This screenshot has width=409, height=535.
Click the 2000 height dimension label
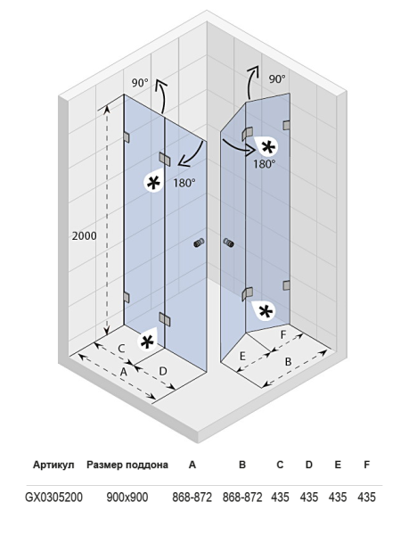tap(84, 235)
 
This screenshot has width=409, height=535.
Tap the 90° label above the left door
tap(140, 83)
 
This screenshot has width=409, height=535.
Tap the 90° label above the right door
tap(277, 79)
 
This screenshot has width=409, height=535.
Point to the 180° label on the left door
tap(184, 183)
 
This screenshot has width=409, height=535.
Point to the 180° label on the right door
tap(264, 164)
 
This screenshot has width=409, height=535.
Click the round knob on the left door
tap(199, 243)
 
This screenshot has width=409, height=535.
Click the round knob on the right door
tap(229, 243)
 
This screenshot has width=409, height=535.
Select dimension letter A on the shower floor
tap(124, 372)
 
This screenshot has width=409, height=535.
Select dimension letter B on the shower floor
tap(288, 362)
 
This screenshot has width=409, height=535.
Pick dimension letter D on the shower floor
tap(163, 371)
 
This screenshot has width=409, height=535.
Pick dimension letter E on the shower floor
tap(242, 357)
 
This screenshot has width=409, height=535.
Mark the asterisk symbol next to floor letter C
tap(147, 342)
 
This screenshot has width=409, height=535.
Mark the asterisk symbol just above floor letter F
tap(266, 311)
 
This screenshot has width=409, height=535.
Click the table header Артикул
tap(53, 465)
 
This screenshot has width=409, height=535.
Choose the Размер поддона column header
tap(127, 465)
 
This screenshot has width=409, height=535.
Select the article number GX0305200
tap(53, 498)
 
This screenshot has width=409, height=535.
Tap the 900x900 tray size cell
tap(127, 498)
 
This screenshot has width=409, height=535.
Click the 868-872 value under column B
tap(242, 498)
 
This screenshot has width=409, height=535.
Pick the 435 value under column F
tap(366, 498)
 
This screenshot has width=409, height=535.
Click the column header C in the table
tap(280, 465)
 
